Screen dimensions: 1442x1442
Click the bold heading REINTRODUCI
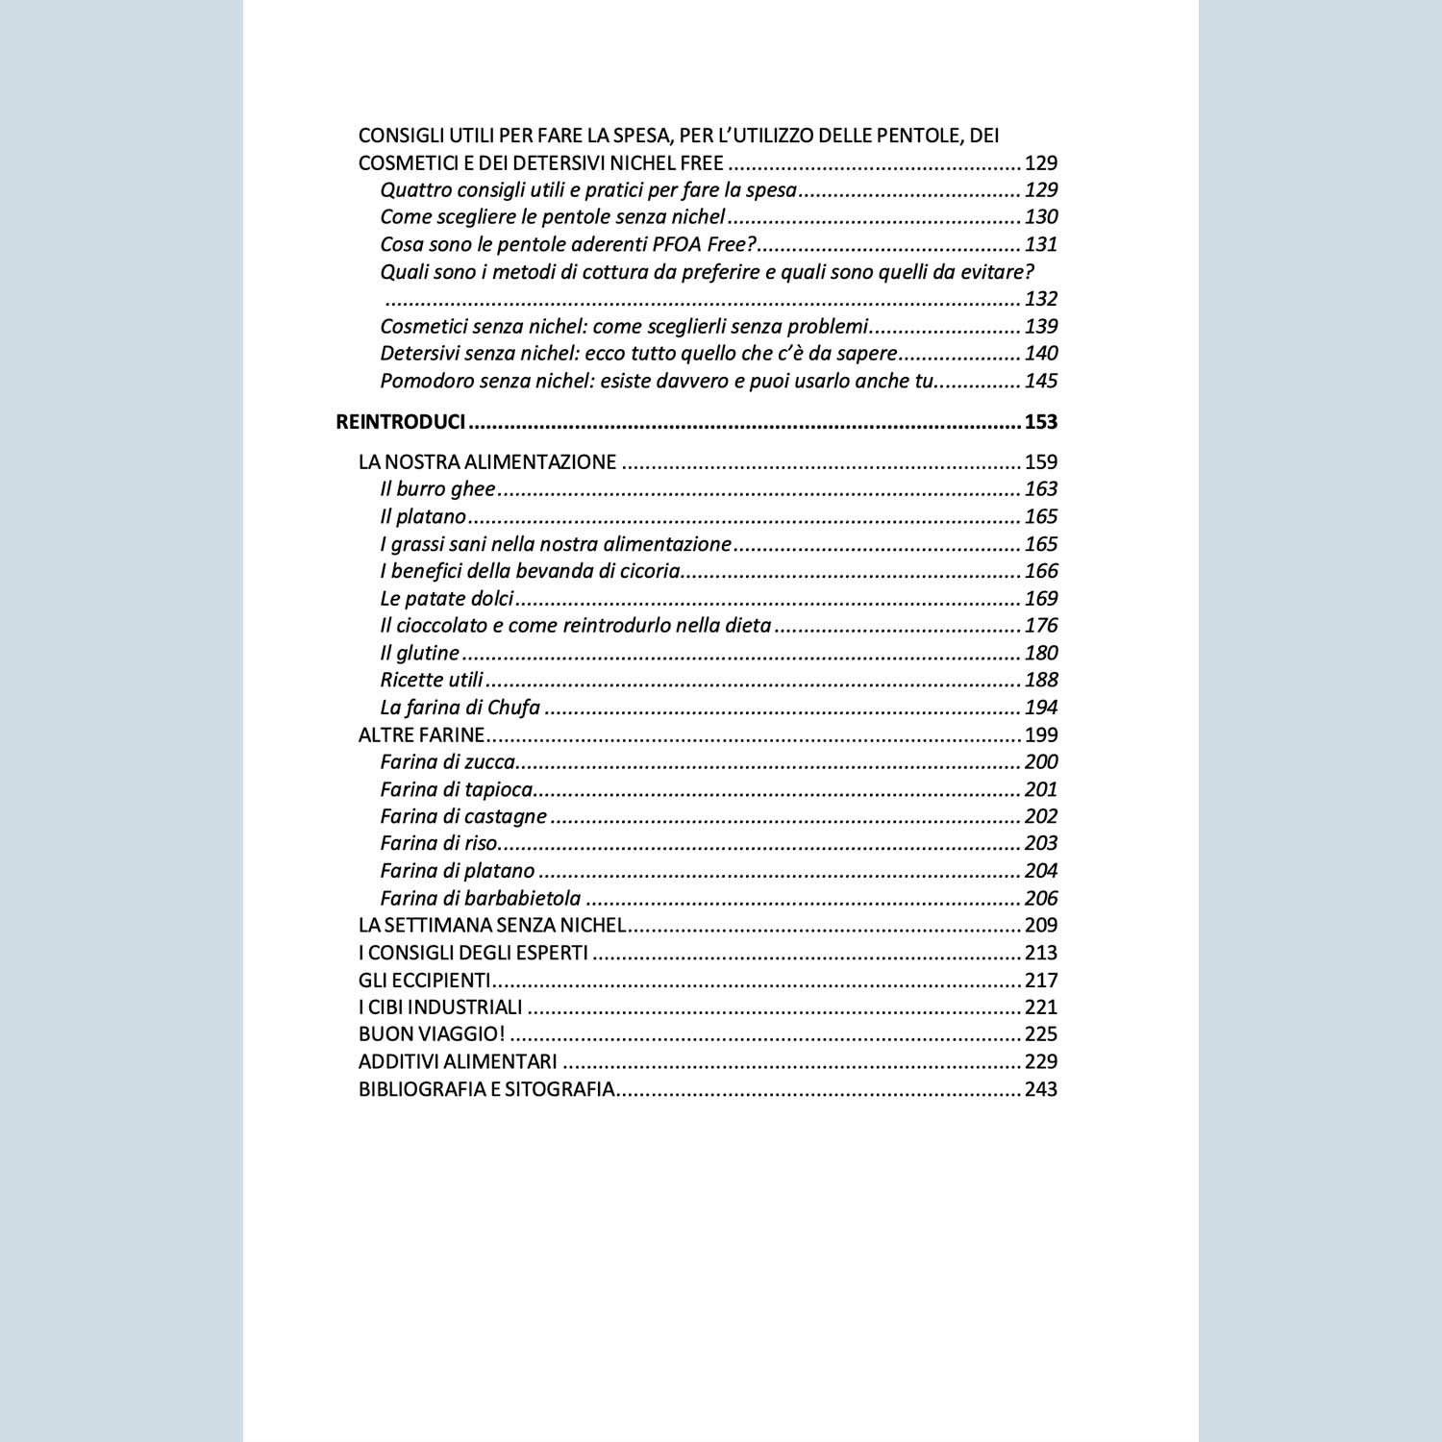(400, 422)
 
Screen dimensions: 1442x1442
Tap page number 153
(1040, 422)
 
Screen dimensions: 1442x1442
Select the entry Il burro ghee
(437, 489)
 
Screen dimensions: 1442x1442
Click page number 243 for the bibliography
(1040, 1089)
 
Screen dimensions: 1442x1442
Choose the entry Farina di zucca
(448, 762)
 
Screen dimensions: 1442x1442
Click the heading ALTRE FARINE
(421, 735)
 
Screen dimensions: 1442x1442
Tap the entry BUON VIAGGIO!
(432, 1034)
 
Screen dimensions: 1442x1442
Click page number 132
(1040, 299)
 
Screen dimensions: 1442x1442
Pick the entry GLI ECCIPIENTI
(424, 981)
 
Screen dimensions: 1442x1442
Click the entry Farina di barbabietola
(480, 899)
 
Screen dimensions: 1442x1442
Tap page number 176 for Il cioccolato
(1040, 626)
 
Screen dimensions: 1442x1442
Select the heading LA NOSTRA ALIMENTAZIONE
(486, 462)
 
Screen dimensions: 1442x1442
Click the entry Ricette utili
(432, 681)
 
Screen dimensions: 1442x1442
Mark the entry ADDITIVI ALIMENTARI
(458, 1062)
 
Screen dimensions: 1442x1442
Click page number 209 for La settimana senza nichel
(1040, 926)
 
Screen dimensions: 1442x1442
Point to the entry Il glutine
(419, 654)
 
